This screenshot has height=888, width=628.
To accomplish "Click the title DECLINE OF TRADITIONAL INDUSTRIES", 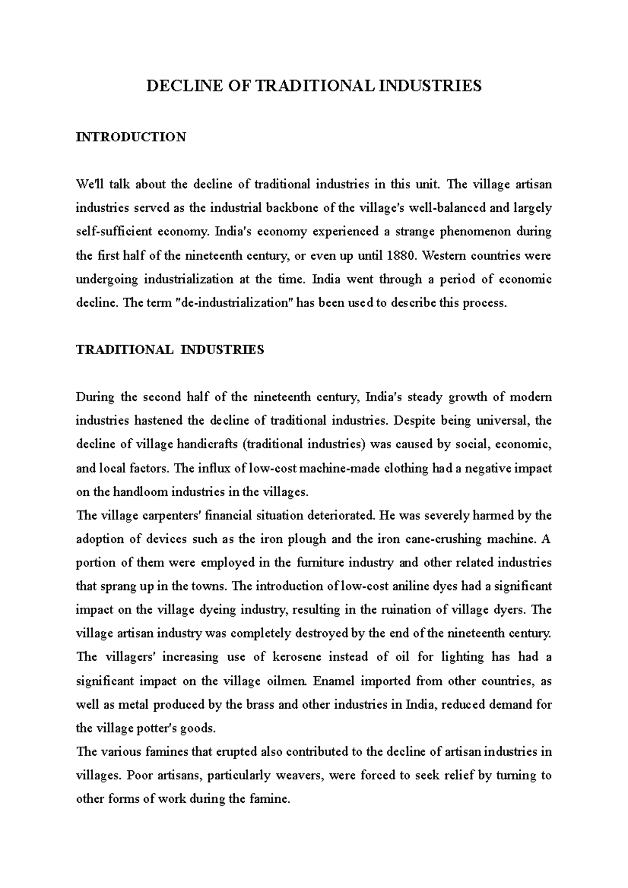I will point(313,86).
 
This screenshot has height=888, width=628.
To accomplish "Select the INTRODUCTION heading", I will point(131,137).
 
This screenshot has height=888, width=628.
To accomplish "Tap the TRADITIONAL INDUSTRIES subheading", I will point(170,350).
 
